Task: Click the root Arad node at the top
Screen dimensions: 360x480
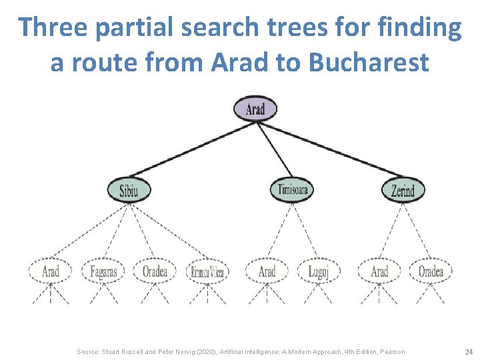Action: pyautogui.click(x=255, y=109)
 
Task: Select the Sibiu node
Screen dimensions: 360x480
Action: pyautogui.click(x=129, y=190)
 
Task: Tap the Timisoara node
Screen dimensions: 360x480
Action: pyautogui.click(x=292, y=190)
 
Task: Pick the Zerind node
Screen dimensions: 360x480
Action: pyautogui.click(x=403, y=190)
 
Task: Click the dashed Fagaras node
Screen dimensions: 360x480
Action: pyautogui.click(x=103, y=271)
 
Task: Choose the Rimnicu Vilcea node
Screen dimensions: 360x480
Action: pyautogui.click(x=207, y=271)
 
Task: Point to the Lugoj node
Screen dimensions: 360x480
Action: pyautogui.click(x=318, y=271)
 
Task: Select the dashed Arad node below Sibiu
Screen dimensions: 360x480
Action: pyautogui.click(x=50, y=271)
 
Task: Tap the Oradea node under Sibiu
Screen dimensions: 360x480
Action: pyautogui.click(x=155, y=271)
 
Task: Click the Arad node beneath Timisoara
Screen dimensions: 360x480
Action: pyautogui.click(x=267, y=271)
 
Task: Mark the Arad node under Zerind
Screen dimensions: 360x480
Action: pyautogui.click(x=379, y=271)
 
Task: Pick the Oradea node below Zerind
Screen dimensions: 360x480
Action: pyautogui.click(x=431, y=271)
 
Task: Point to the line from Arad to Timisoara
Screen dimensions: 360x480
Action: pyautogui.click(x=274, y=150)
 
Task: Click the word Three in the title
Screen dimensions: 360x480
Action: pyautogui.click(x=53, y=28)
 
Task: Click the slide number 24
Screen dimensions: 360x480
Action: pyautogui.click(x=468, y=351)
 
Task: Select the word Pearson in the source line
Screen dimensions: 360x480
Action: pyautogui.click(x=391, y=351)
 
